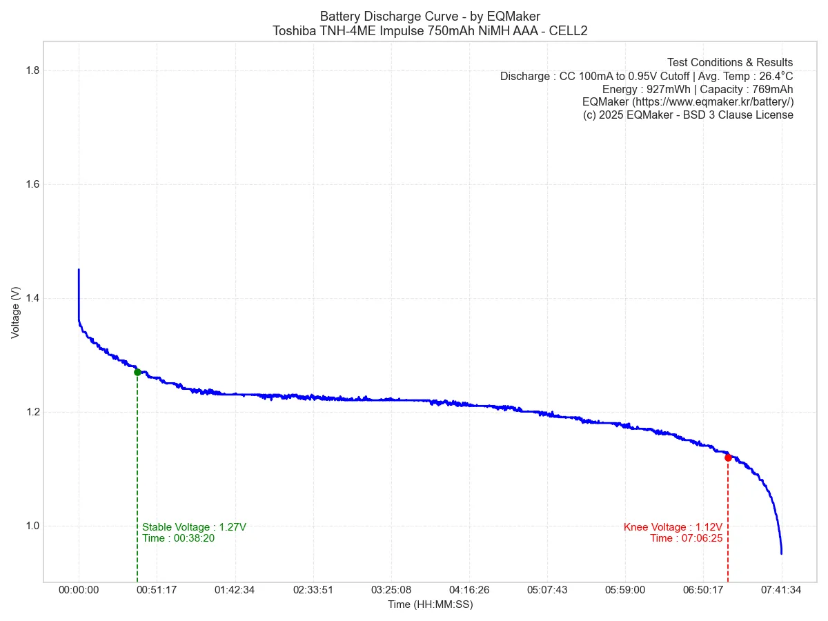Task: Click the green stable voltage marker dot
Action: click(137, 372)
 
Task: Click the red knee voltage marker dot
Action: click(728, 457)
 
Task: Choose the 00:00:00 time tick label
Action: click(79, 590)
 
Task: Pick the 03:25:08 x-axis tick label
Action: click(391, 590)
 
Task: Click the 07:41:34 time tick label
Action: click(782, 590)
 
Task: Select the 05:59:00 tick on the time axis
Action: click(625, 590)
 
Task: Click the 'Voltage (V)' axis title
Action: click(15, 313)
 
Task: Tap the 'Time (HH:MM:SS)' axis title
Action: click(430, 604)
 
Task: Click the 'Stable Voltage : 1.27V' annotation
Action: click(194, 527)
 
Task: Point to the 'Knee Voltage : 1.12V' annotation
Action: click(673, 527)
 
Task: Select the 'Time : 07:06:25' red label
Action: click(686, 538)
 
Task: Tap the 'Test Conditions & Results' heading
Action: click(730, 62)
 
